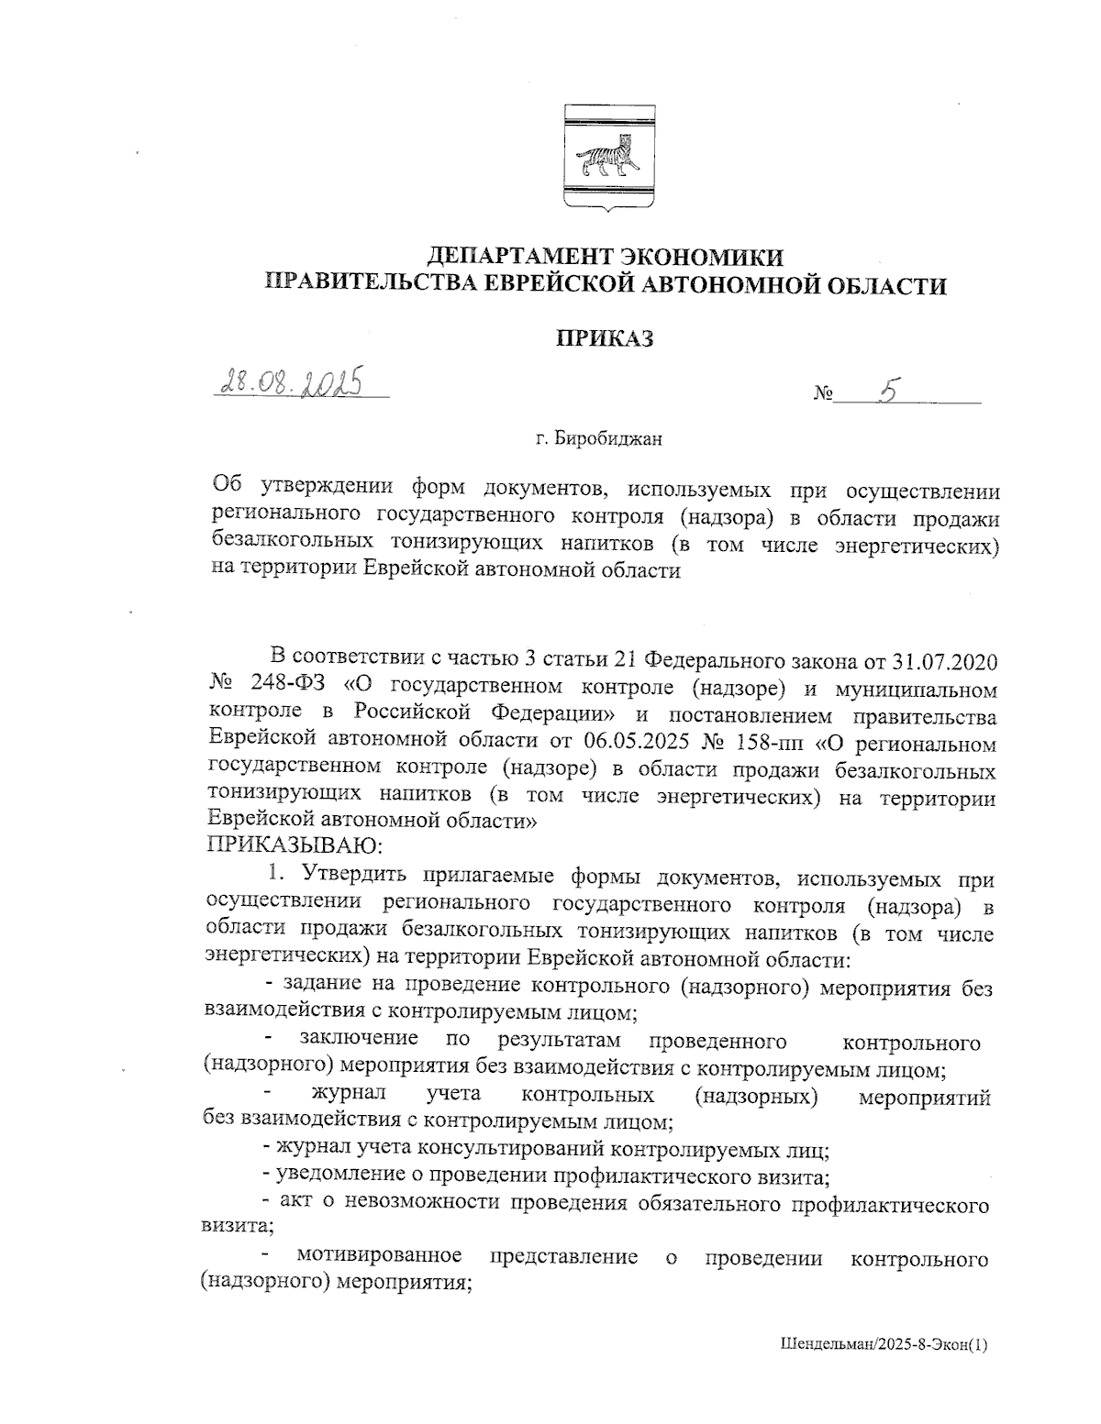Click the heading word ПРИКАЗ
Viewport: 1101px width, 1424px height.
606,339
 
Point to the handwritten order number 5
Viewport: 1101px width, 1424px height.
886,392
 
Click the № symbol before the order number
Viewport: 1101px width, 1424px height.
823,395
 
